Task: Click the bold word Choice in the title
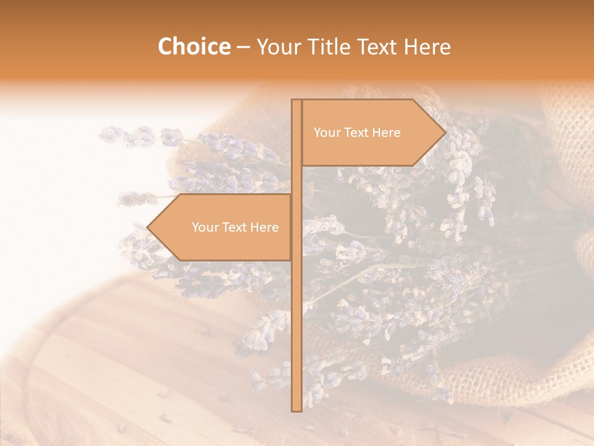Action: (194, 46)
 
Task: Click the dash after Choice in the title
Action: (243, 47)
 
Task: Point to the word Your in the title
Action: (279, 46)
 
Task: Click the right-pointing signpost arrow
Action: (371, 133)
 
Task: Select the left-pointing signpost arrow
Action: (223, 227)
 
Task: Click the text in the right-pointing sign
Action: (357, 133)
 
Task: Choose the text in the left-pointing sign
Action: (235, 227)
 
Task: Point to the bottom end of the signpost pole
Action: (296, 409)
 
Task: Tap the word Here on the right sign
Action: (387, 133)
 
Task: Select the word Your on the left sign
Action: (205, 227)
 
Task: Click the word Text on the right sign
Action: (357, 133)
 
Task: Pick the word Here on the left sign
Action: (265, 227)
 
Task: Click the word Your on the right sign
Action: (327, 133)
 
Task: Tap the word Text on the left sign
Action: (235, 227)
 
